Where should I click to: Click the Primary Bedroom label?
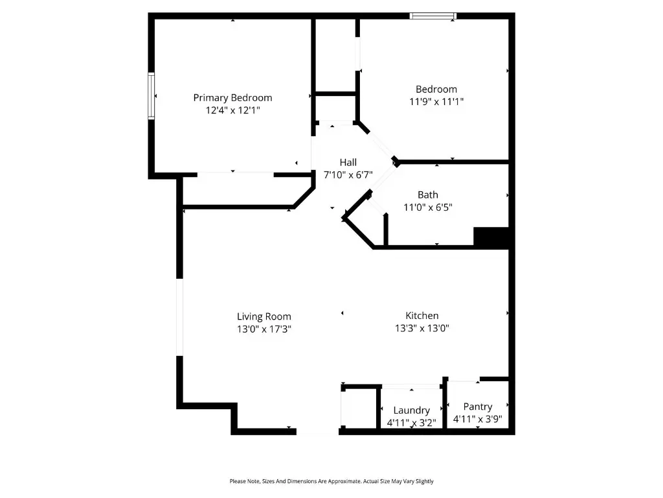click(232, 98)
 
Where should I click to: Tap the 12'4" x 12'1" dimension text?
click(232, 111)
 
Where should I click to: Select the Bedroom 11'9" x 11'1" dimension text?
click(436, 102)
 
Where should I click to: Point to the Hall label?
click(348, 162)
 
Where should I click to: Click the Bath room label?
click(427, 195)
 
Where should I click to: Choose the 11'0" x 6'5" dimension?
click(427, 207)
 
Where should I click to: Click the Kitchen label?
click(421, 316)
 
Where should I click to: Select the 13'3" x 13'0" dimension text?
click(422, 328)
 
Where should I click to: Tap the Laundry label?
click(412, 410)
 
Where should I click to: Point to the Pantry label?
click(477, 407)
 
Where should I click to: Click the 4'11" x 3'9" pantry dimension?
click(477, 419)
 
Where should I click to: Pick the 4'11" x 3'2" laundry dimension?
click(412, 423)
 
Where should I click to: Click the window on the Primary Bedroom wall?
click(152, 96)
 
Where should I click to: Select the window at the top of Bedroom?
click(433, 16)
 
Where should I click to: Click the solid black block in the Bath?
click(492, 237)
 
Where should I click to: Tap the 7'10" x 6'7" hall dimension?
click(348, 174)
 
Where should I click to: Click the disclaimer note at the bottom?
click(331, 481)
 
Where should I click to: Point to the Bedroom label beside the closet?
click(436, 89)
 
